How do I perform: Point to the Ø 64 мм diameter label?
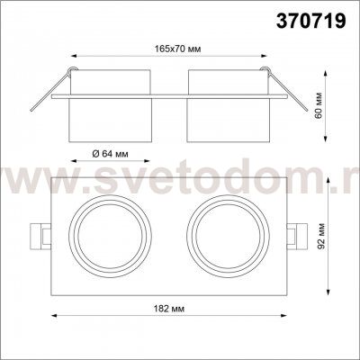click(114, 153)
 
